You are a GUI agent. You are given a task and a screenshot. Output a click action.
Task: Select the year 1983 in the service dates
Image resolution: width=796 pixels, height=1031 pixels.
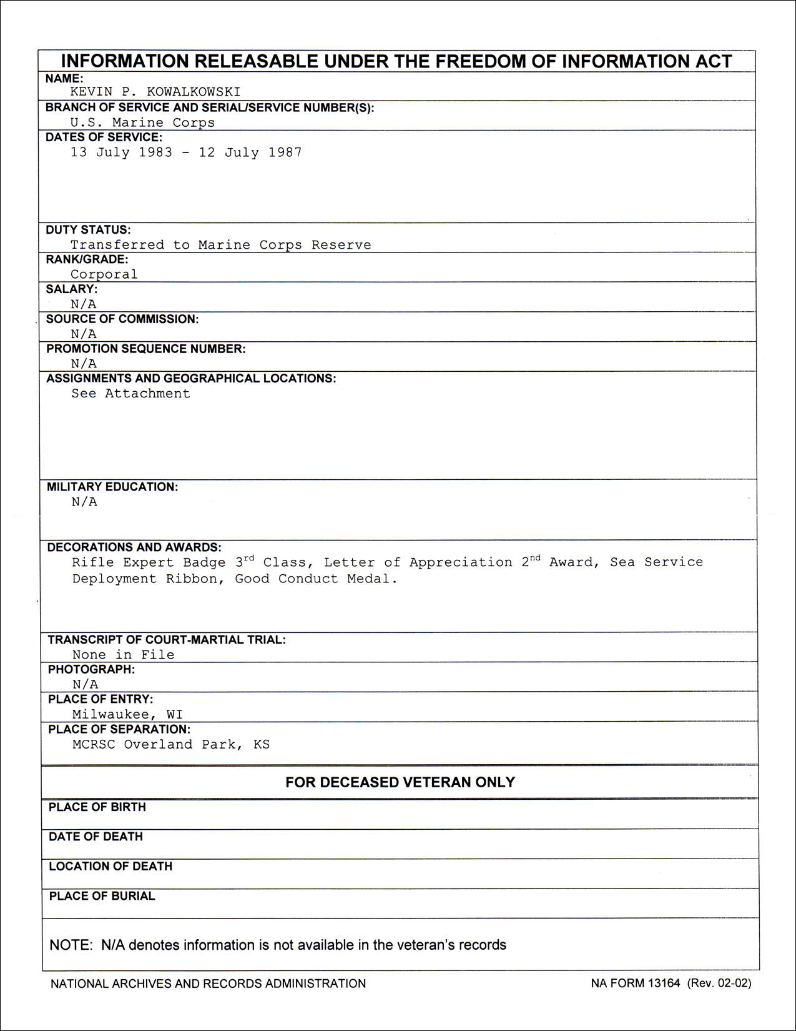click(155, 152)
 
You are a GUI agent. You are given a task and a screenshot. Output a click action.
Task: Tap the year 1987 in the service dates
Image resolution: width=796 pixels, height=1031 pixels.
click(285, 152)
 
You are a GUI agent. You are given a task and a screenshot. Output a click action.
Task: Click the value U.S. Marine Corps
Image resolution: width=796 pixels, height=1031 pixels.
click(142, 122)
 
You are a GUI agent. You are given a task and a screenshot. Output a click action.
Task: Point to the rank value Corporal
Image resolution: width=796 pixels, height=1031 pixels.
click(104, 274)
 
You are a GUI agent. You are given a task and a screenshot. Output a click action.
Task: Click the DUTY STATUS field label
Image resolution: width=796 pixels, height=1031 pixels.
click(88, 229)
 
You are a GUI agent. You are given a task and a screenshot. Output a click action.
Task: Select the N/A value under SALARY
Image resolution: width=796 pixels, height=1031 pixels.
click(84, 304)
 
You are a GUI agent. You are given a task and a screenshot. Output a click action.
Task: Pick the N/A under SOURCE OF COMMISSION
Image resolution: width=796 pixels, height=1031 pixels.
click(84, 334)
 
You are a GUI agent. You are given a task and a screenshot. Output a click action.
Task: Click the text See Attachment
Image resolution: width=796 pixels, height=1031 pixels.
click(130, 394)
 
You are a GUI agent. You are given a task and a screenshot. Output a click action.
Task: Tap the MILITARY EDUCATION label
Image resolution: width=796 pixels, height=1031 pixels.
click(112, 487)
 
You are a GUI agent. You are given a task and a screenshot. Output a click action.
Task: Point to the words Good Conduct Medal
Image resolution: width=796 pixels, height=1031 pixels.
click(316, 579)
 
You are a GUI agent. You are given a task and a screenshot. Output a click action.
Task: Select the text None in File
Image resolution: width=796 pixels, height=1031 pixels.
click(123, 655)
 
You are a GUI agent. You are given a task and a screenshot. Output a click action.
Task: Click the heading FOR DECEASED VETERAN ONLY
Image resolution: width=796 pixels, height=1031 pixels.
click(400, 782)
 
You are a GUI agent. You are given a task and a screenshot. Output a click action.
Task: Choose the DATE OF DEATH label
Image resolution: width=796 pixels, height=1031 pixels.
click(96, 837)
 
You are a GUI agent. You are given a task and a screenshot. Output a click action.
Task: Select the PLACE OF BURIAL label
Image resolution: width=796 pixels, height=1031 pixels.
click(102, 896)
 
